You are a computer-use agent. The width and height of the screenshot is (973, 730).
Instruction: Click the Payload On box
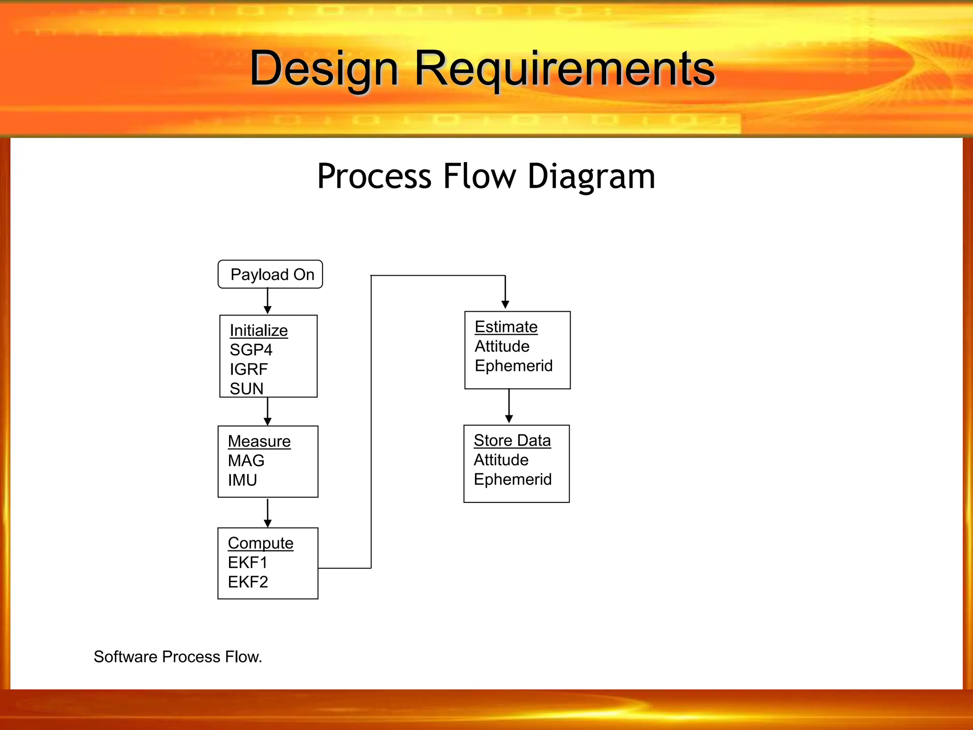[270, 274]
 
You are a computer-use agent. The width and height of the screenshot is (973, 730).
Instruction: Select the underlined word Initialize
[258, 330]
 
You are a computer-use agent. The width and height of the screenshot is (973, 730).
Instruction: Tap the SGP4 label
[251, 350]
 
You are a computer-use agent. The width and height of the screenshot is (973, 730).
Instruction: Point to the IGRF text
[248, 369]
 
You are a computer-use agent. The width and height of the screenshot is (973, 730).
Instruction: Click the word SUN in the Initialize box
[246, 389]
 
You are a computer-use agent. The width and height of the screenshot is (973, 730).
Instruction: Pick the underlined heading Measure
[259, 441]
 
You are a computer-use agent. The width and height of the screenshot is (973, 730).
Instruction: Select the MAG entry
[246, 461]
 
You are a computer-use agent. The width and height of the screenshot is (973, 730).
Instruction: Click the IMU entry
[242, 480]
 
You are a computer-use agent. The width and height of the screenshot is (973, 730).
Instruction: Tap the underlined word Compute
[260, 543]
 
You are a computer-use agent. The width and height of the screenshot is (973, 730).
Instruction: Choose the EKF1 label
[248, 562]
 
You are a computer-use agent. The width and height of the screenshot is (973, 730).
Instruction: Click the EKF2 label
[248, 582]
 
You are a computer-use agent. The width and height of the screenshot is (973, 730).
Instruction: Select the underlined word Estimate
[506, 327]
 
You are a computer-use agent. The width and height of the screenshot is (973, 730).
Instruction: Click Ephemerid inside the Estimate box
[514, 365]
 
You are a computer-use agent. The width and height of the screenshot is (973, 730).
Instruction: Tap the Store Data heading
[512, 440]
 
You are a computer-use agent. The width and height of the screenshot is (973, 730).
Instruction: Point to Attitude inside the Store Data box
[501, 460]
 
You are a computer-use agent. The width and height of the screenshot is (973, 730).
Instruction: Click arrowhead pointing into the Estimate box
[505, 304]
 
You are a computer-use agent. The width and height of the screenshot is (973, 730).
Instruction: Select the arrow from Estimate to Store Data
[509, 407]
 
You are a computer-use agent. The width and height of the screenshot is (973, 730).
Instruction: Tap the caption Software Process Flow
[178, 656]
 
